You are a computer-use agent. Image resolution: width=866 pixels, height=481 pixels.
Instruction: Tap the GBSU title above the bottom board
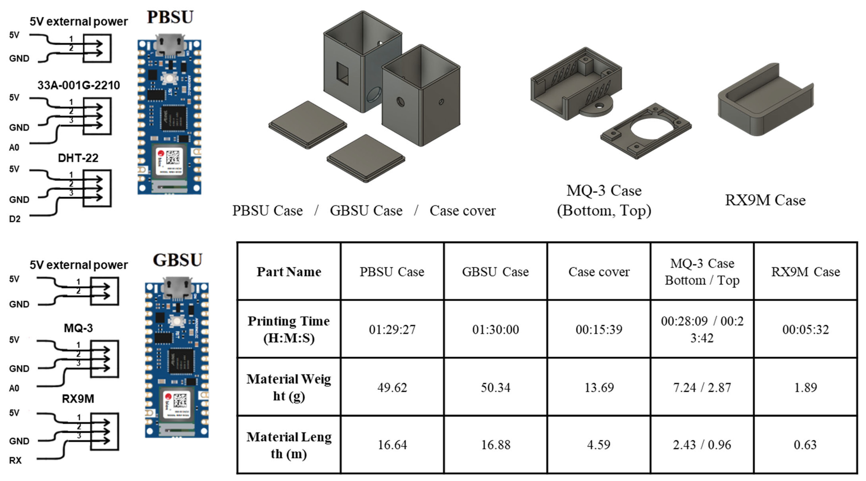click(x=177, y=260)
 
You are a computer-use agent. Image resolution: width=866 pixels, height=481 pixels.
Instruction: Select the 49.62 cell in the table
click(x=392, y=387)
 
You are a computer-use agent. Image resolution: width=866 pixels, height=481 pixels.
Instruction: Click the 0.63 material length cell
click(x=805, y=445)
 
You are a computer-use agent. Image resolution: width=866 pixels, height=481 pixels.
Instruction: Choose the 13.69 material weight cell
click(x=599, y=387)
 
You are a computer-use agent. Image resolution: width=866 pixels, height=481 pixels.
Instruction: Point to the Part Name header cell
click(x=289, y=271)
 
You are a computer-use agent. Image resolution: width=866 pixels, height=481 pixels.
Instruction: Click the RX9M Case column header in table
click(x=805, y=271)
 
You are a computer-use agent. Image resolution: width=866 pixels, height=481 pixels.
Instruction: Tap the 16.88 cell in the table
click(x=495, y=445)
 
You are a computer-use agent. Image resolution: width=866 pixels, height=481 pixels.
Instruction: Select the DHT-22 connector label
click(x=78, y=158)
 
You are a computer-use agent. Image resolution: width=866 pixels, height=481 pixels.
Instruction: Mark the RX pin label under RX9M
click(x=15, y=460)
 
